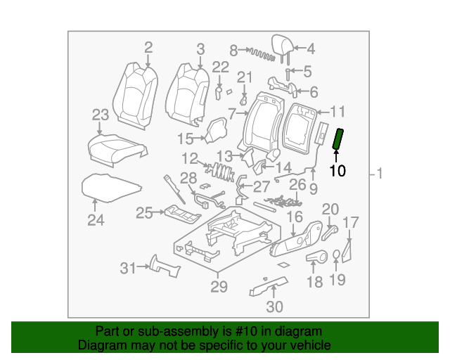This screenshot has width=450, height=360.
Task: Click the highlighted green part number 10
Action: [337, 139]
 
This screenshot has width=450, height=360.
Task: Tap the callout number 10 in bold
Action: [337, 170]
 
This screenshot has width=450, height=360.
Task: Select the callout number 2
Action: [148, 48]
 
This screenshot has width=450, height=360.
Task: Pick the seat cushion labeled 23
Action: [110, 146]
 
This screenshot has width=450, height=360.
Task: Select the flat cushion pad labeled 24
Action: [111, 186]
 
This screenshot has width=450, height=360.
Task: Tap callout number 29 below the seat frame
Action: [219, 286]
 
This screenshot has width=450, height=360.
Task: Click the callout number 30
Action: [274, 306]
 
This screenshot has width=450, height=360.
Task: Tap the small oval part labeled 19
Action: [337, 255]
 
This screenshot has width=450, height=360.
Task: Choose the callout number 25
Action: [144, 212]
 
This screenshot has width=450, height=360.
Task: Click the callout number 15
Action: [185, 138]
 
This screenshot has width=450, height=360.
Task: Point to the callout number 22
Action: [221, 67]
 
